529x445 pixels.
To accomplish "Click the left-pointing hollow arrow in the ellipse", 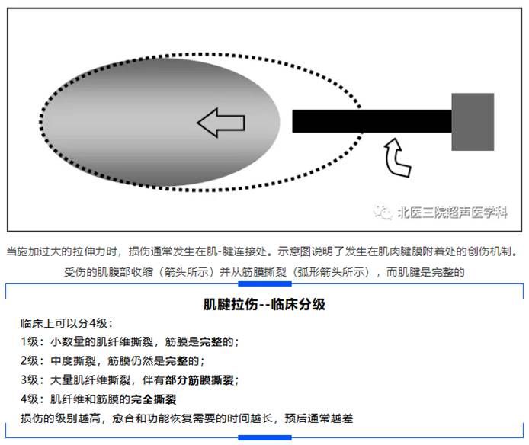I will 217,123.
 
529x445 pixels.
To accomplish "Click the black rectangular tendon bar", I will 372,121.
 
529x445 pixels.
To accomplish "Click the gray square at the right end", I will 473,122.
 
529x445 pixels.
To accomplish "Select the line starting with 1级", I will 130,341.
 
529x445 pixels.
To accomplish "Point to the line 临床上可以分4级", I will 66,322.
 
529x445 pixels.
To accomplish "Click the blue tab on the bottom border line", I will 264,437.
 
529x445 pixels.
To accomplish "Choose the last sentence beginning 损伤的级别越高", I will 187,418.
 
